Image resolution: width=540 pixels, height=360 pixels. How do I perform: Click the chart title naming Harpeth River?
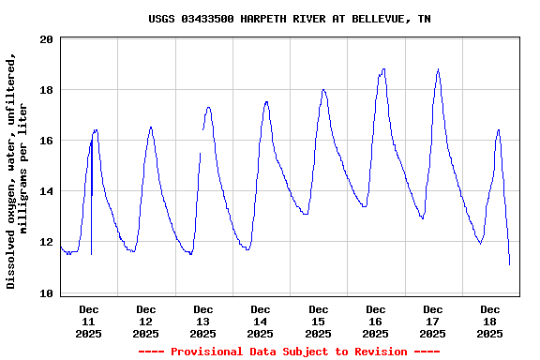pyautogui.click(x=290, y=19)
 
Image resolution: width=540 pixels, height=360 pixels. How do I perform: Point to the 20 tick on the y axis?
pyautogui.click(x=46, y=39)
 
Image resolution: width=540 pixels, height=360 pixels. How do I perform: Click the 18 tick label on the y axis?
pyautogui.click(x=46, y=90)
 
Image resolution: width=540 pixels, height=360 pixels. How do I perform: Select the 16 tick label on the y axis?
pyautogui.click(x=46, y=141)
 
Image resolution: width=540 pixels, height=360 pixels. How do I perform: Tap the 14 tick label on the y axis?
pyautogui.click(x=46, y=191)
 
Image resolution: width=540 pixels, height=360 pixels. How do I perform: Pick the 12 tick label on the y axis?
pyautogui.click(x=46, y=242)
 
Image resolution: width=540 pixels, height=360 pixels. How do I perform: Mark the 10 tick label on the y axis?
pyautogui.click(x=46, y=293)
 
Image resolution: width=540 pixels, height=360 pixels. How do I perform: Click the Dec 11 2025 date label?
pyautogui.click(x=89, y=321)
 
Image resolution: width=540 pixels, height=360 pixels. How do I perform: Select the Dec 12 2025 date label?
pyautogui.click(x=146, y=321)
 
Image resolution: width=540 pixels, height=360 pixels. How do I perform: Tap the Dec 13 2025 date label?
pyautogui.click(x=203, y=321)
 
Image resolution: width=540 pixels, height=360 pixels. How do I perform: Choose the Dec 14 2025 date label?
pyautogui.click(x=261, y=321)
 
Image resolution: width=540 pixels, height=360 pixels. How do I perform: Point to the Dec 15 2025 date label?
pyautogui.click(x=319, y=321)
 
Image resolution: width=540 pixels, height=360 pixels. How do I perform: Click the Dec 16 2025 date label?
pyautogui.click(x=376, y=321)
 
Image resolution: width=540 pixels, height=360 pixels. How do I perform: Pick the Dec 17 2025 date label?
pyautogui.click(x=433, y=321)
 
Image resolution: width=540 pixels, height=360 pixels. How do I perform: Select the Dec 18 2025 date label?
pyautogui.click(x=490, y=321)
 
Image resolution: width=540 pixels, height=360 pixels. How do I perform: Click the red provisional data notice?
pyautogui.click(x=289, y=352)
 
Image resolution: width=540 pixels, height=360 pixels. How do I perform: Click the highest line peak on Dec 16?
pyautogui.click(x=383, y=68)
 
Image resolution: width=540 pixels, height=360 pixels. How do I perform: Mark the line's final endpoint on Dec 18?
pyautogui.click(x=510, y=264)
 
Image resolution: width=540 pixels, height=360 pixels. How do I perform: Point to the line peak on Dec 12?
pyautogui.click(x=151, y=127)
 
